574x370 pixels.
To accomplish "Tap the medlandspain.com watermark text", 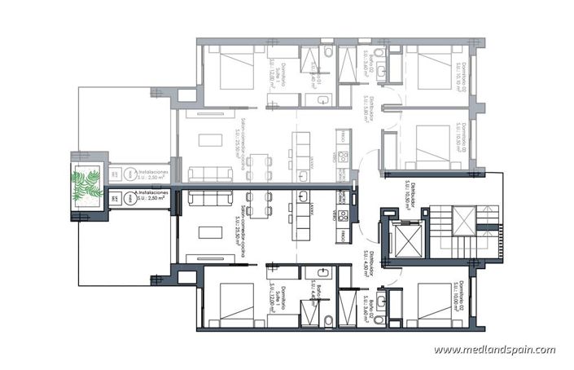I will [494, 350].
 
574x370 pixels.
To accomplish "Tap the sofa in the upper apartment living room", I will [202, 173].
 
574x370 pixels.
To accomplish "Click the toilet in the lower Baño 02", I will [327, 318].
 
